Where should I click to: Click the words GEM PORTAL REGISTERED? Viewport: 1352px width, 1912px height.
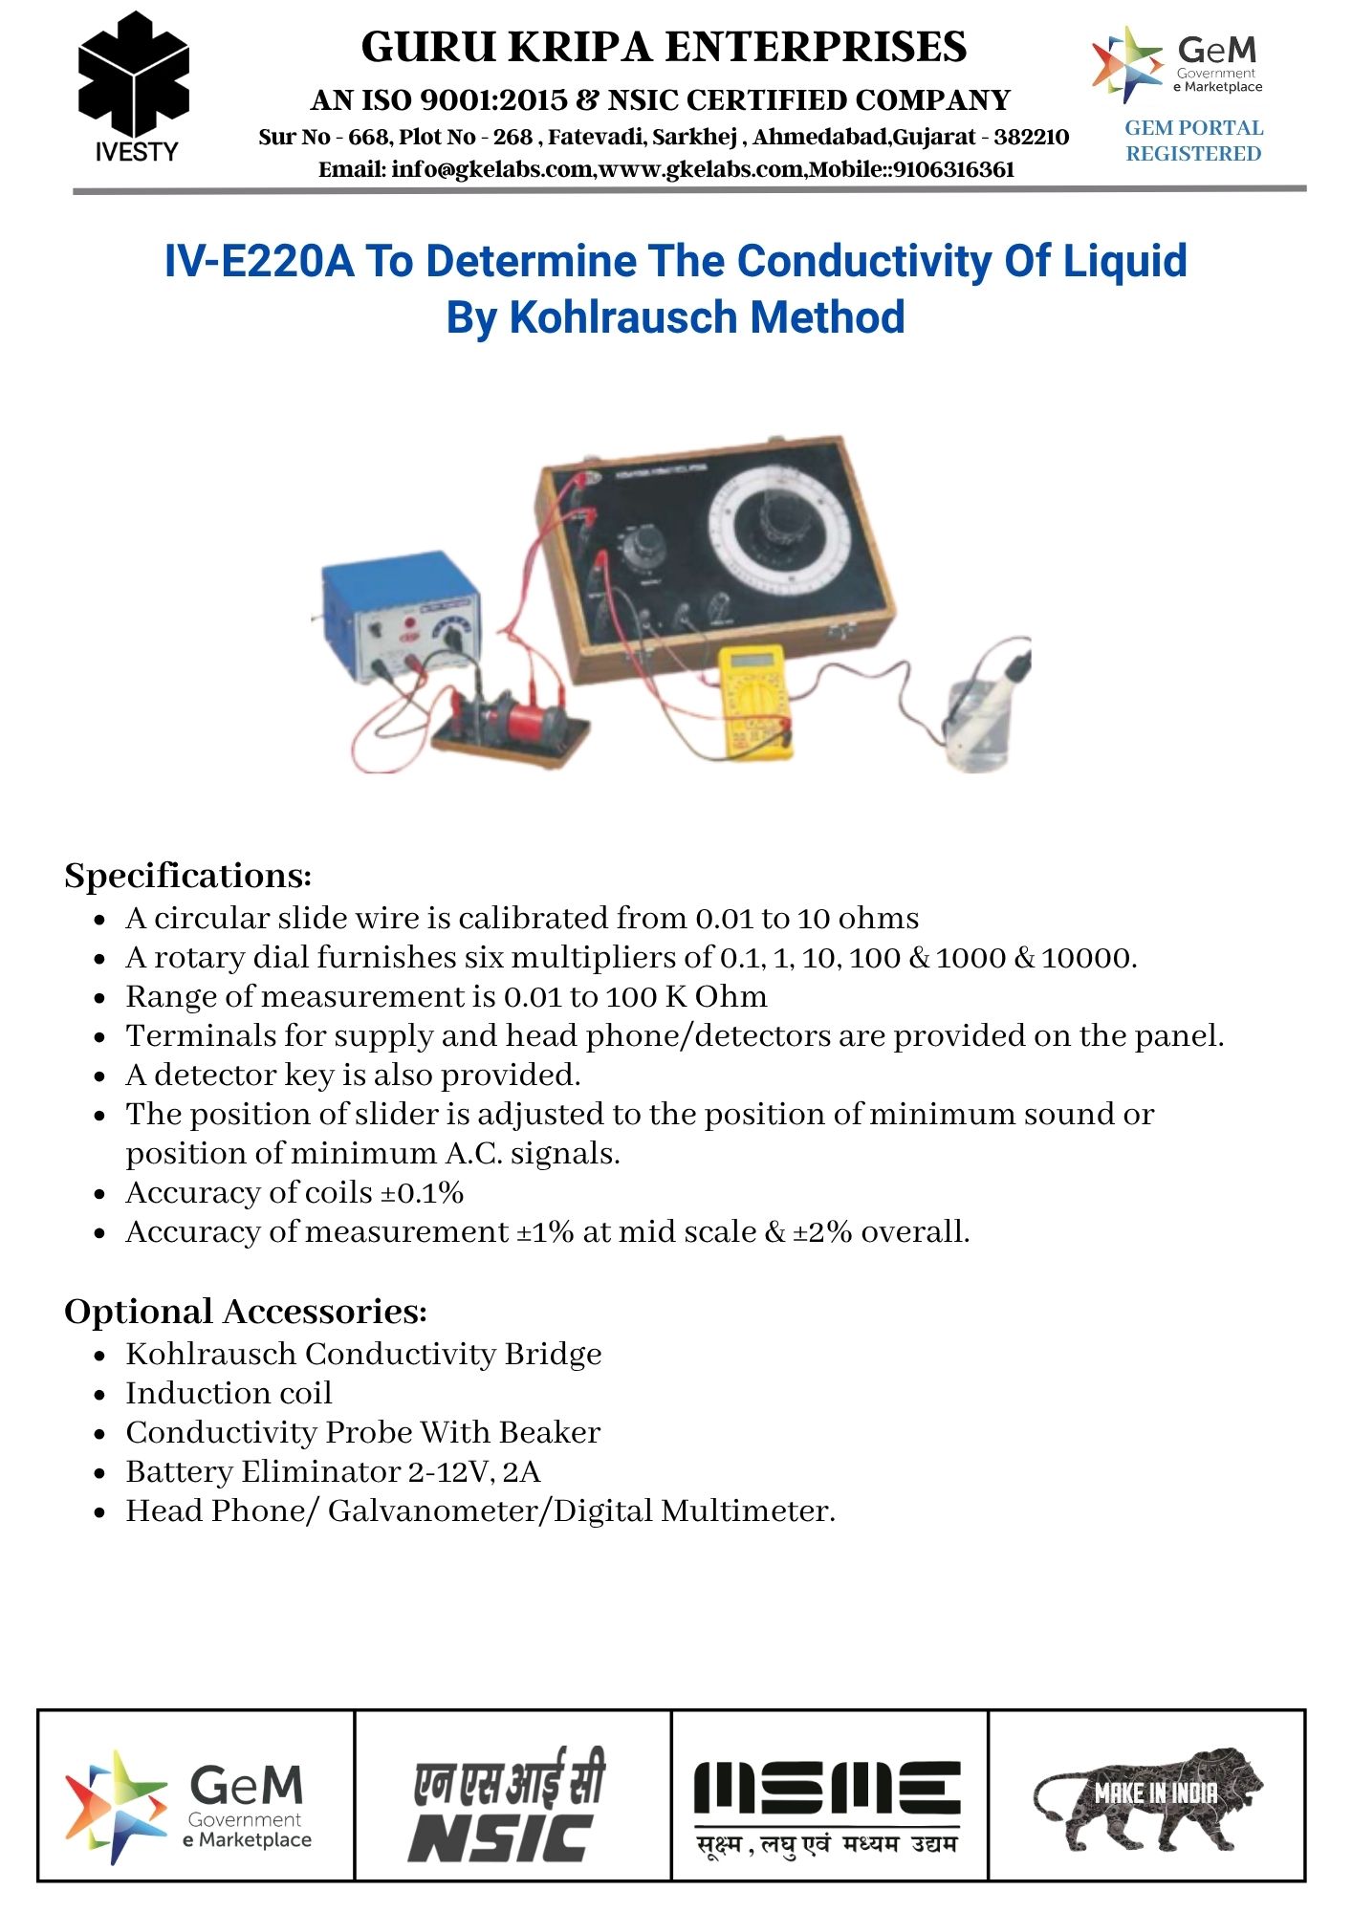pos(1193,141)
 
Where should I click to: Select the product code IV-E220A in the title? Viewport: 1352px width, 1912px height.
pos(258,261)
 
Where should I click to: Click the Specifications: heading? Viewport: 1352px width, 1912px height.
pos(188,876)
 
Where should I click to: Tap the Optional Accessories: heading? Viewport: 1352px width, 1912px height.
pos(246,1312)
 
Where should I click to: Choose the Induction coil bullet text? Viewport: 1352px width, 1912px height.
pos(229,1393)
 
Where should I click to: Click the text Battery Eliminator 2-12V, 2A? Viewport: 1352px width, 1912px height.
pos(333,1471)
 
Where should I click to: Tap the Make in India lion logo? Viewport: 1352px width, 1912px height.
pos(1147,1797)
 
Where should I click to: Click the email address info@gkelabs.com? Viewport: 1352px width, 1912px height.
pos(455,170)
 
